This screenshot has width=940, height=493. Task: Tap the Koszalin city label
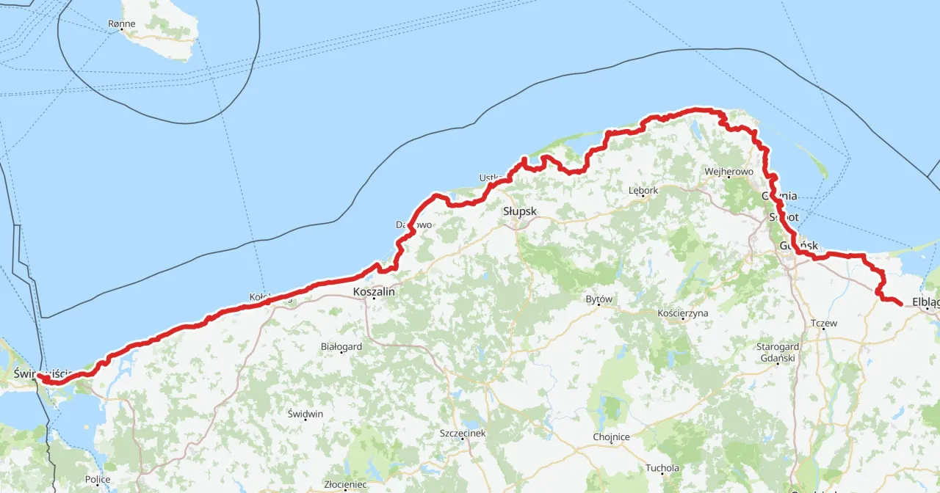click(x=374, y=291)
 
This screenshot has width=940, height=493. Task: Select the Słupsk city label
click(x=520, y=211)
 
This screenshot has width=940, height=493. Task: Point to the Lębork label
click(x=643, y=190)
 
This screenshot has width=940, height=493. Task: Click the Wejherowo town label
click(x=728, y=171)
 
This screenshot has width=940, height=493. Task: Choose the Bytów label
click(x=599, y=299)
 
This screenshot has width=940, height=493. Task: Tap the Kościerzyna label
click(x=683, y=313)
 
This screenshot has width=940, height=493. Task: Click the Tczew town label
click(x=823, y=323)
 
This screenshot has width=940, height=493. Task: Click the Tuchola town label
click(x=662, y=467)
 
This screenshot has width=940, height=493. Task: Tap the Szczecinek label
click(x=462, y=433)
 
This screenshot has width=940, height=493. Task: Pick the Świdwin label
click(x=305, y=414)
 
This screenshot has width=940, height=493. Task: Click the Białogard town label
click(x=342, y=346)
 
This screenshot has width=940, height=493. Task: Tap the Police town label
click(x=98, y=479)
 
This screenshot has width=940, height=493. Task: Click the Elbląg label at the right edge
click(x=925, y=301)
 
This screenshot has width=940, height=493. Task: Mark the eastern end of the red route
click(x=900, y=302)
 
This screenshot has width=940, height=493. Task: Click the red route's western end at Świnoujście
click(x=40, y=376)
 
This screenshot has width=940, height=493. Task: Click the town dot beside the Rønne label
click(x=121, y=29)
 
